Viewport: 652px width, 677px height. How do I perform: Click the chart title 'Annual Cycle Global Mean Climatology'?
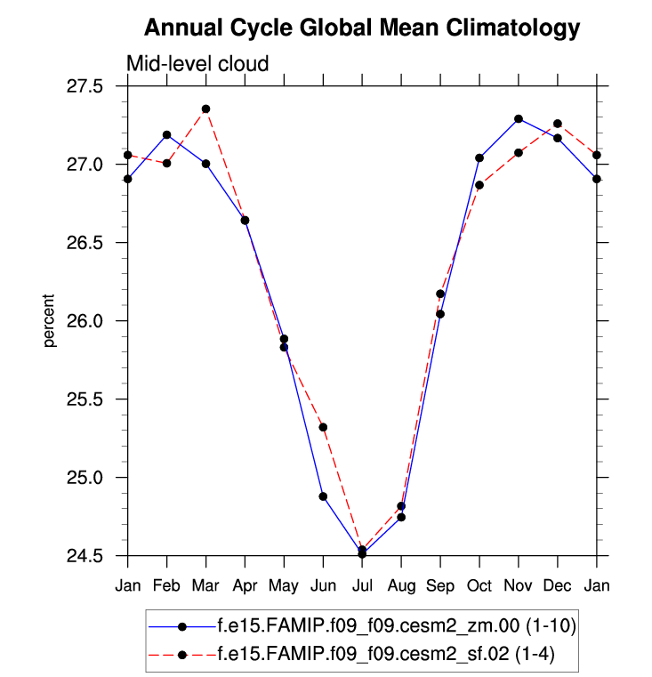tap(361, 28)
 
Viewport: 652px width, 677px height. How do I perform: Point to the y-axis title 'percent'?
tap(52, 321)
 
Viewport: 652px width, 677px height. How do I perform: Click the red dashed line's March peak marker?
tap(205, 109)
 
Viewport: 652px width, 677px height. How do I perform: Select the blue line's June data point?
tap(323, 496)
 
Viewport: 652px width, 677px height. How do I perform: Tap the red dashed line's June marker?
tap(323, 427)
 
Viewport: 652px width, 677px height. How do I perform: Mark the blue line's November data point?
tap(519, 118)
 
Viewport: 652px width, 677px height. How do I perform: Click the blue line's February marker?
tap(166, 134)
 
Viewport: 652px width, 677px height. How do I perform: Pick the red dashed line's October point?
tap(479, 185)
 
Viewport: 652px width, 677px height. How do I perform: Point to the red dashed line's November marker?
tap(519, 152)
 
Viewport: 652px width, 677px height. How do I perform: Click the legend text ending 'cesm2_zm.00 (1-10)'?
tap(397, 626)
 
